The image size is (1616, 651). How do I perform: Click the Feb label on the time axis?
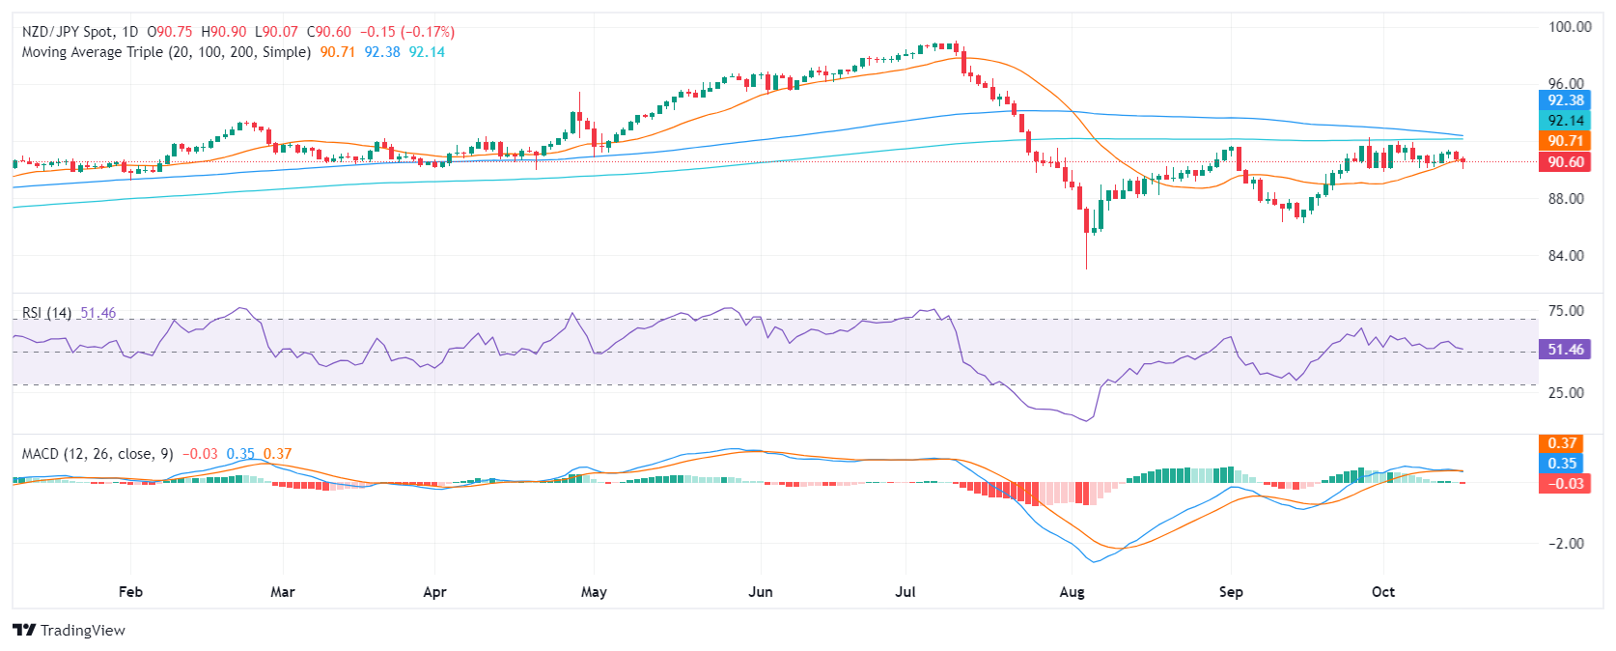pos(130,592)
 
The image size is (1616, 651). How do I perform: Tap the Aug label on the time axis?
pos(1072,592)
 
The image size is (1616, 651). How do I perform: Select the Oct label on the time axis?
pos(1383,592)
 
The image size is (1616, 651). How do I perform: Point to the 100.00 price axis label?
pos(1570,27)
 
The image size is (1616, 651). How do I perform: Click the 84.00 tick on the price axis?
pos(1566,256)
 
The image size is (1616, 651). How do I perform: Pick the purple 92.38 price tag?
pos(1565,100)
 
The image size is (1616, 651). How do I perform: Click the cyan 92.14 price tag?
pos(1565,121)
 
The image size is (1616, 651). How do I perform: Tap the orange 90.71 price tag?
pos(1565,141)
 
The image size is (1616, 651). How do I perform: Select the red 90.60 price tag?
pos(1565,162)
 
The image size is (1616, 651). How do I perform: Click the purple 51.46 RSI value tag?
pos(1565,350)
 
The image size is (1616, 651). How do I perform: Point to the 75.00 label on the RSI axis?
pos(1566,311)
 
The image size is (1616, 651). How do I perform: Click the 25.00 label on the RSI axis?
pos(1566,393)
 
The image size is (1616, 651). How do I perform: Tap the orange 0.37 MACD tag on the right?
pos(1562,443)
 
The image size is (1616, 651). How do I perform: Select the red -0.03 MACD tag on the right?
pos(1562,483)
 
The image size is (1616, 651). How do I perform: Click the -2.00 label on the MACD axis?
pos(1566,544)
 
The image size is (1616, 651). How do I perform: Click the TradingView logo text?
pos(82,631)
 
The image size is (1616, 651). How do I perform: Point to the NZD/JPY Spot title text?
pos(68,32)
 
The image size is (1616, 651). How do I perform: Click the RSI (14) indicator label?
pos(46,313)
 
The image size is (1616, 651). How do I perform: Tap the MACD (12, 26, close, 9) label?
pos(98,454)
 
